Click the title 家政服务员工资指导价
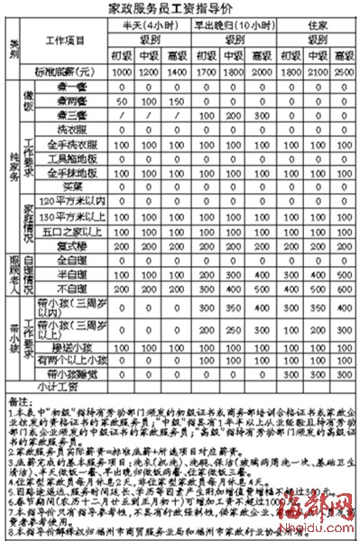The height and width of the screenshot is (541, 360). (x=180, y=8)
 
